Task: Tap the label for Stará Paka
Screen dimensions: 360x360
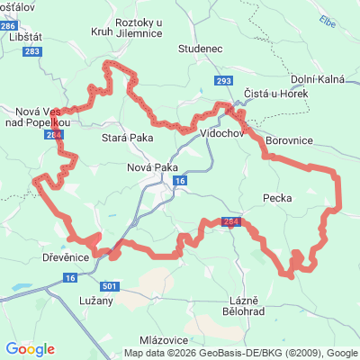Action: click(x=127, y=138)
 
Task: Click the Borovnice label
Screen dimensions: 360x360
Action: click(x=289, y=141)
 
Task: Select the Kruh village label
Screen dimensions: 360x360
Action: click(x=101, y=31)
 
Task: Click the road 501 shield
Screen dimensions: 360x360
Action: click(x=109, y=286)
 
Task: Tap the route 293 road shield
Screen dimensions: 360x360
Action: click(x=223, y=81)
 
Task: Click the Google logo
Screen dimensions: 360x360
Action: click(x=31, y=348)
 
